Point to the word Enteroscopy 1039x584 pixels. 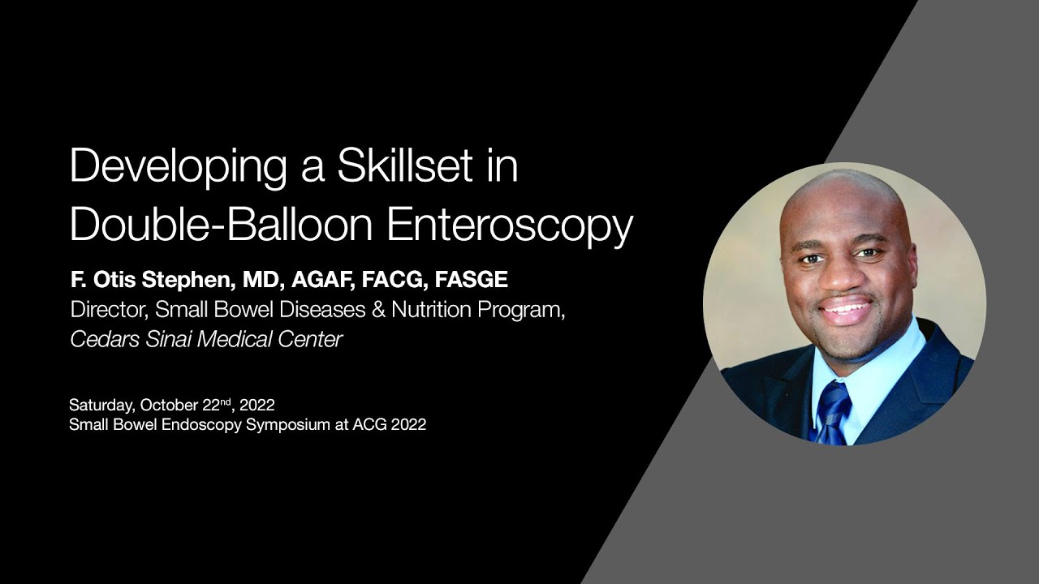coord(510,226)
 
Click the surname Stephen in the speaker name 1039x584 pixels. coord(190,281)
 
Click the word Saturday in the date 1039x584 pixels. coord(101,405)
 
